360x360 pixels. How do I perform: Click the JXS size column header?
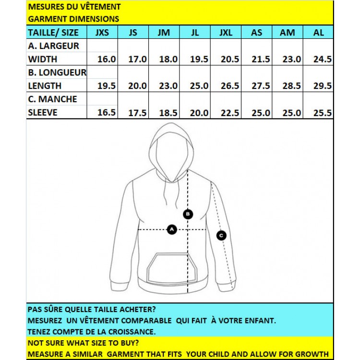tap(102, 33)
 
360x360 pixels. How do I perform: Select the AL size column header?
tap(318, 33)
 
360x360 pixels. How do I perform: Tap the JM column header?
tap(164, 33)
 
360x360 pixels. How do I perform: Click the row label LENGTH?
tap(45, 86)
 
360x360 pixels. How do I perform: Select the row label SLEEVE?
tap(43, 113)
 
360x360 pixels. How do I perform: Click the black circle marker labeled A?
tap(172, 229)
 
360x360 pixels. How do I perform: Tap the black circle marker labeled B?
tap(188, 214)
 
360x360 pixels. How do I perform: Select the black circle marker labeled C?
tap(221, 235)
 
